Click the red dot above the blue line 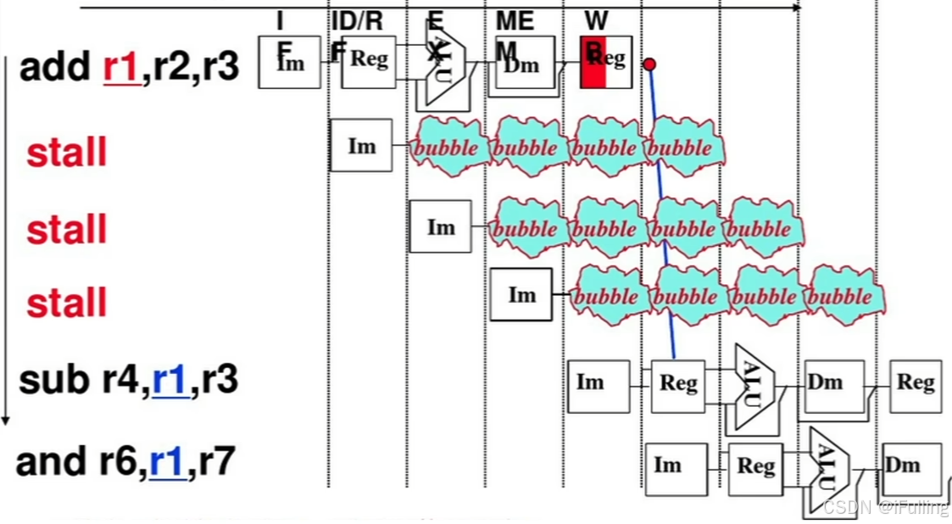click(649, 64)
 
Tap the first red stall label click(67, 153)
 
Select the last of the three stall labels click(67, 303)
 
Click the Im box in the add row click(290, 62)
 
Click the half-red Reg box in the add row click(605, 61)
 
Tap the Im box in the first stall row click(361, 146)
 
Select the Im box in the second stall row click(440, 226)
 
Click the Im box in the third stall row click(521, 294)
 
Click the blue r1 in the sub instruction click(170, 380)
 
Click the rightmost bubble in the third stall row click(844, 297)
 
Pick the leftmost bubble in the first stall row click(449, 148)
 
